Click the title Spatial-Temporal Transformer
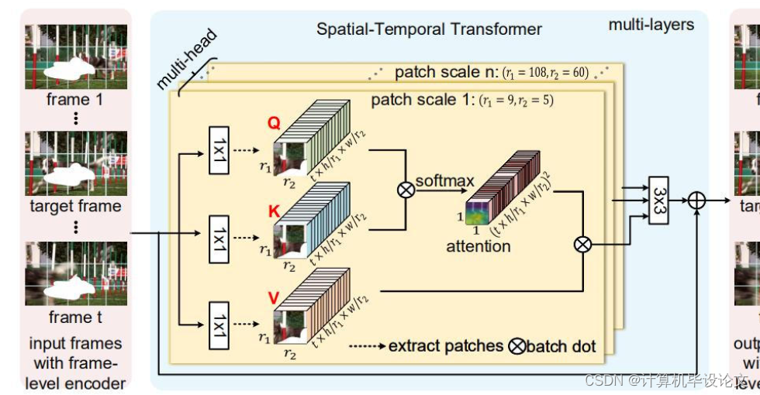click(429, 29)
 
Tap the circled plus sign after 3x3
click(697, 200)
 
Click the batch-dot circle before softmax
click(404, 191)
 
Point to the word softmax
click(445, 181)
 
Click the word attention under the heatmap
click(478, 246)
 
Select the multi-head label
click(186, 62)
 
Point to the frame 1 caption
click(74, 100)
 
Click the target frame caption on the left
click(75, 206)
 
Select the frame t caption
click(75, 317)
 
